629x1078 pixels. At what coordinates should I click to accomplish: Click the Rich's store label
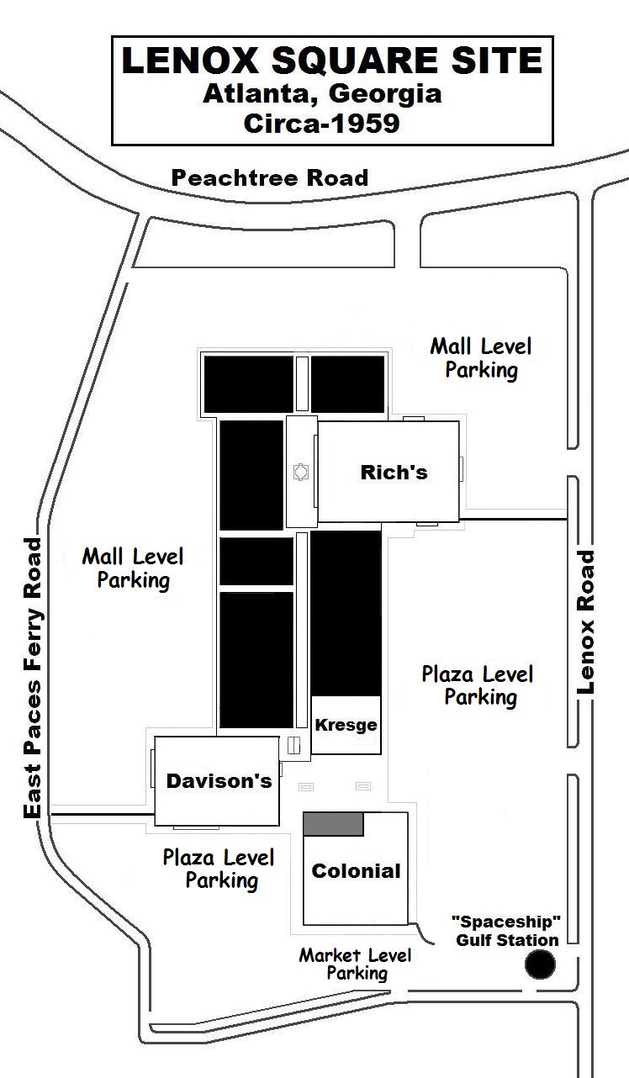[x=394, y=472]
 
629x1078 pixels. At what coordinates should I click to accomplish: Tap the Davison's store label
[x=219, y=780]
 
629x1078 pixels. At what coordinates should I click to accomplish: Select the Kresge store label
[x=346, y=725]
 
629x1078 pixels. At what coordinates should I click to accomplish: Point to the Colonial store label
[x=357, y=870]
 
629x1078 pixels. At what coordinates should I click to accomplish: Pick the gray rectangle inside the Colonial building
[x=333, y=824]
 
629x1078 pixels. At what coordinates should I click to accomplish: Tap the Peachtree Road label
[x=270, y=177]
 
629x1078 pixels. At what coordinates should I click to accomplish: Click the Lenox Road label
[x=585, y=621]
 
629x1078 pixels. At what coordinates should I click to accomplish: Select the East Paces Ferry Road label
[x=33, y=678]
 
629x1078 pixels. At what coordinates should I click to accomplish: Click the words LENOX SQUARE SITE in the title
[x=332, y=61]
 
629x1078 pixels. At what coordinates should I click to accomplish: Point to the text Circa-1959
[x=321, y=124]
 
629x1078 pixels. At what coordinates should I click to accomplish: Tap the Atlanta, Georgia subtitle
[x=322, y=94]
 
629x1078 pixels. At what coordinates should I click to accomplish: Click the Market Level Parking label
[x=355, y=964]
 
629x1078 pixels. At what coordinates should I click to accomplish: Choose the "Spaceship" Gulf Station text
[x=507, y=931]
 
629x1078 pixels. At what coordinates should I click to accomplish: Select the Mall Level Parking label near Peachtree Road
[x=481, y=358]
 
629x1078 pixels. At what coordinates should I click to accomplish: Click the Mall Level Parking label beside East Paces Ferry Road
[x=133, y=568]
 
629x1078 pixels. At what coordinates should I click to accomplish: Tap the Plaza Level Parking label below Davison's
[x=219, y=869]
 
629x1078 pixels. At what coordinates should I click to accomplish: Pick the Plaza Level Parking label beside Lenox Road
[x=478, y=686]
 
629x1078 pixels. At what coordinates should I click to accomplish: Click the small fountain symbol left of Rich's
[x=301, y=472]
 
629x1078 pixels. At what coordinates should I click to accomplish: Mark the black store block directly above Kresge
[x=346, y=613]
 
